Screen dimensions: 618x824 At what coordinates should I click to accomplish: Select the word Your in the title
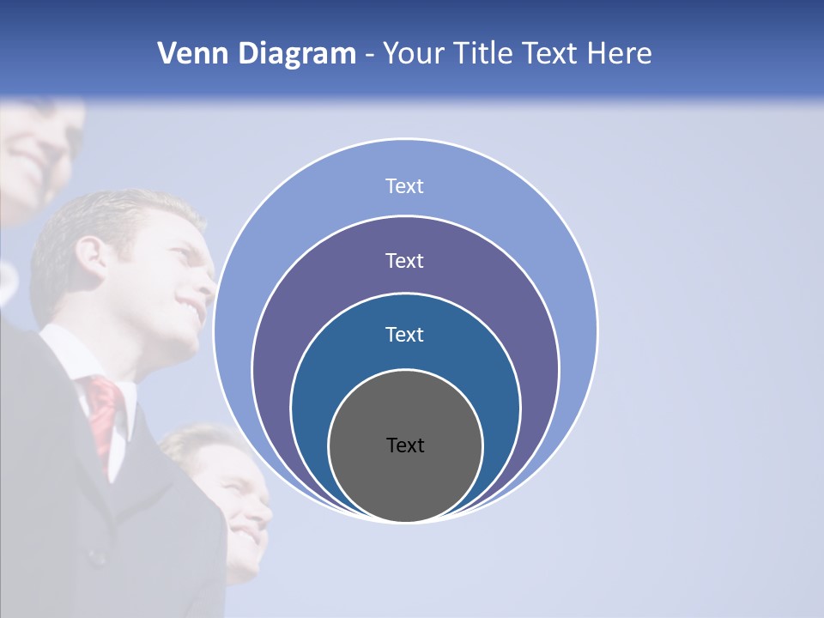point(410,54)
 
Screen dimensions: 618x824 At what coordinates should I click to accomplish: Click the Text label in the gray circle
point(405,445)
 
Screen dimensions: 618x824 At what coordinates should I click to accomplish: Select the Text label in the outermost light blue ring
point(405,186)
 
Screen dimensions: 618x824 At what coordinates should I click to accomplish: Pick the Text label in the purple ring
point(405,261)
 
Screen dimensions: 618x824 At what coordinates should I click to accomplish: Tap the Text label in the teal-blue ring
point(405,335)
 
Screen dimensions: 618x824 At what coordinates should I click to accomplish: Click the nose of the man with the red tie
point(206,275)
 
